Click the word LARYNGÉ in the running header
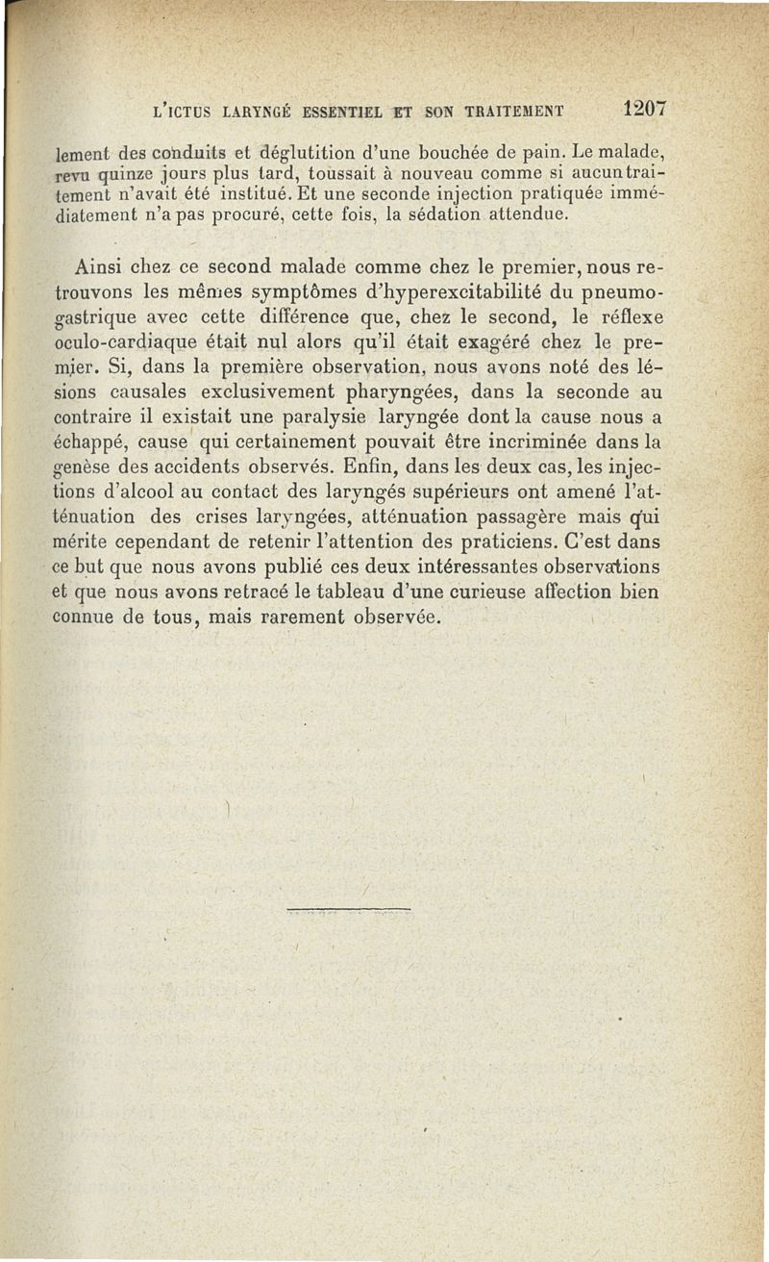coord(259,111)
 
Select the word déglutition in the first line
coord(273,151)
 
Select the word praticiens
coord(538,543)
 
